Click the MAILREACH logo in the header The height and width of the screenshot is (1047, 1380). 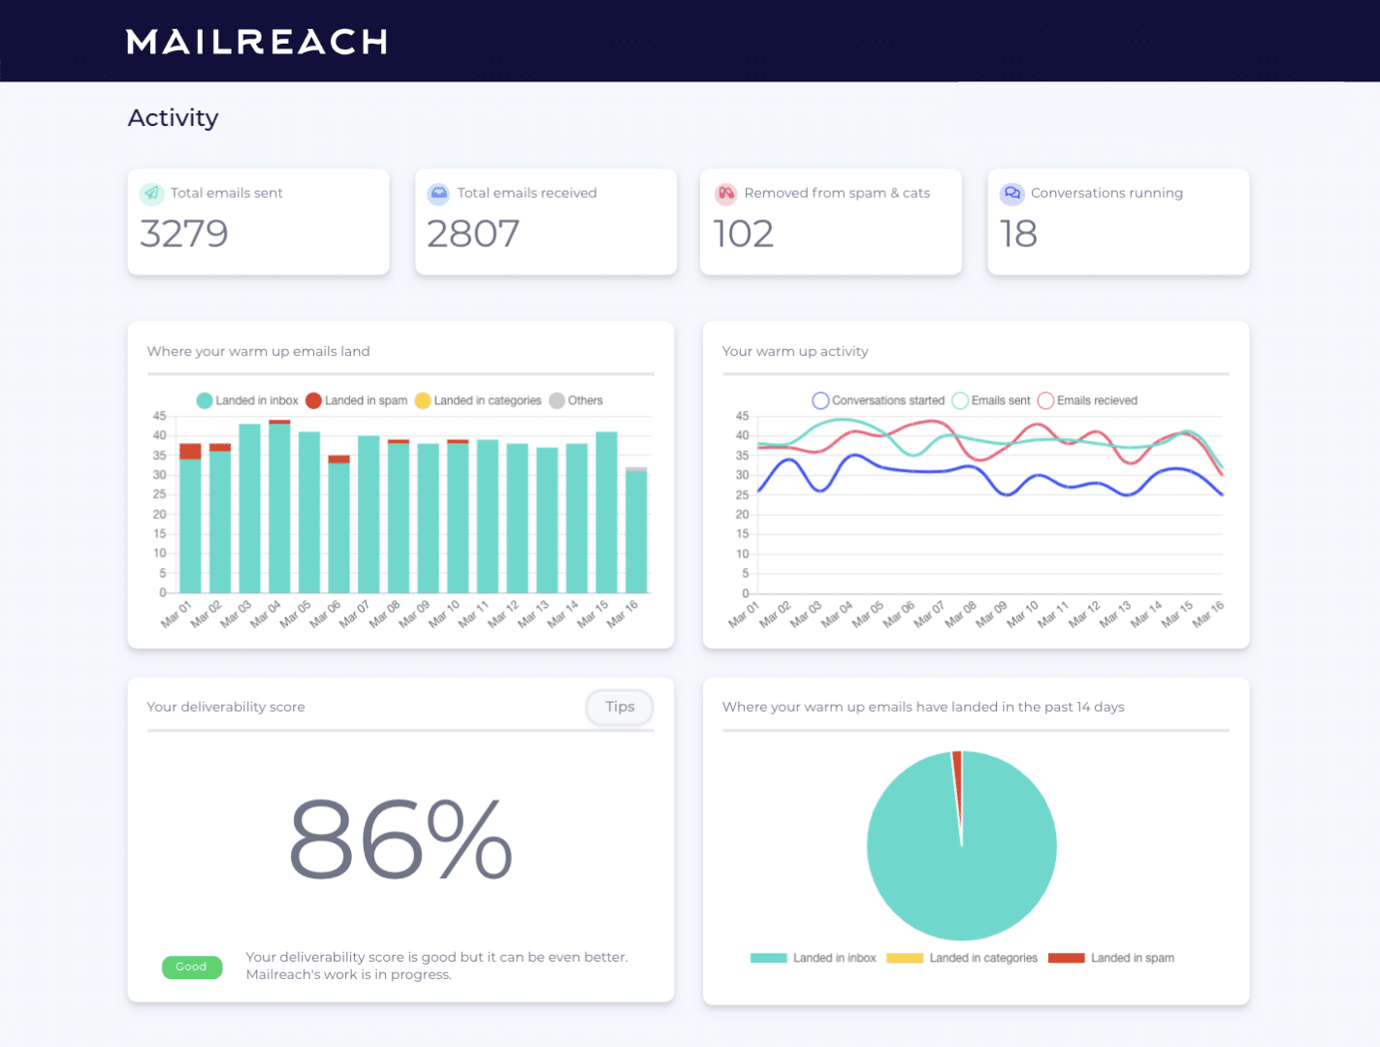257,42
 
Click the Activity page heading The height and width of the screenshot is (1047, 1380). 173,117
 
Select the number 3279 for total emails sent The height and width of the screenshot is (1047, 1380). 184,234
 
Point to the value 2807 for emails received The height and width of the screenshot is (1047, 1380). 473,234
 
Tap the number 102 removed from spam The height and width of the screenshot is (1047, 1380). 743,234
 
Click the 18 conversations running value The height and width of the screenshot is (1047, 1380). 1018,234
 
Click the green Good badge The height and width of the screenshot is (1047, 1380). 191,967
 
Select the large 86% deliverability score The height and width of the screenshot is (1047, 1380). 401,840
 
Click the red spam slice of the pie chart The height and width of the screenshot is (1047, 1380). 958,776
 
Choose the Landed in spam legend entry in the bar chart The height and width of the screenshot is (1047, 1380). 356,400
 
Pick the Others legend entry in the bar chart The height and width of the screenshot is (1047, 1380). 576,400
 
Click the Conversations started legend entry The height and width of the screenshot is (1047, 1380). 878,400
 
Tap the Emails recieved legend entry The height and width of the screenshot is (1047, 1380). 1087,400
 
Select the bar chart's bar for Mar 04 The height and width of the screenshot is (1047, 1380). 279,509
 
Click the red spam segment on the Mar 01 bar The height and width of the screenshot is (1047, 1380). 190,451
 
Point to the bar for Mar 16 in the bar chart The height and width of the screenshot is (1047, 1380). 636,531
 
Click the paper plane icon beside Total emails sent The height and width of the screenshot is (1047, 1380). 151,193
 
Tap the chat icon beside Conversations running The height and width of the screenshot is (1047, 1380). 1012,193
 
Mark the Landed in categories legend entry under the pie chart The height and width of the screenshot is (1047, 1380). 962,958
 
